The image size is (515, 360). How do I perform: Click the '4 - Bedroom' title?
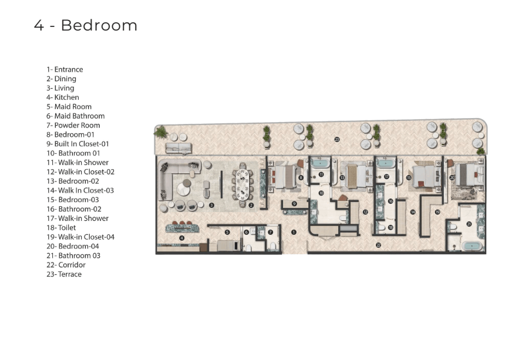(x=86, y=25)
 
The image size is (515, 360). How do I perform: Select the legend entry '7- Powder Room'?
(x=73, y=125)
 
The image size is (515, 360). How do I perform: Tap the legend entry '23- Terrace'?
(x=64, y=274)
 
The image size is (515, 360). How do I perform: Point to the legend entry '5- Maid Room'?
(x=69, y=106)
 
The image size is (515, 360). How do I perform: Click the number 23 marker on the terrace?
(x=336, y=140)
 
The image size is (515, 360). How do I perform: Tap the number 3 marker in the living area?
(x=211, y=205)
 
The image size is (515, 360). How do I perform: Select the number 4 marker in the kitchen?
(x=181, y=238)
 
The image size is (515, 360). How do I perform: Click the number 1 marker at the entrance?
(x=294, y=232)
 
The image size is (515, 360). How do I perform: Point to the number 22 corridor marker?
(x=378, y=245)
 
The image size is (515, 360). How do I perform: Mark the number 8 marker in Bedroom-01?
(x=301, y=178)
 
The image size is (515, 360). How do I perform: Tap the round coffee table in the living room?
(x=183, y=189)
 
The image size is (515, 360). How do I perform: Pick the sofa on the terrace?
(x=179, y=148)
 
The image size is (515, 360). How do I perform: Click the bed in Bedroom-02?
(x=356, y=177)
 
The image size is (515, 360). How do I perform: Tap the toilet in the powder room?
(x=272, y=246)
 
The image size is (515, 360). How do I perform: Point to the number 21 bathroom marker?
(x=469, y=224)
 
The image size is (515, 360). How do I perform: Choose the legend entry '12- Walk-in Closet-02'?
(x=80, y=171)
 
